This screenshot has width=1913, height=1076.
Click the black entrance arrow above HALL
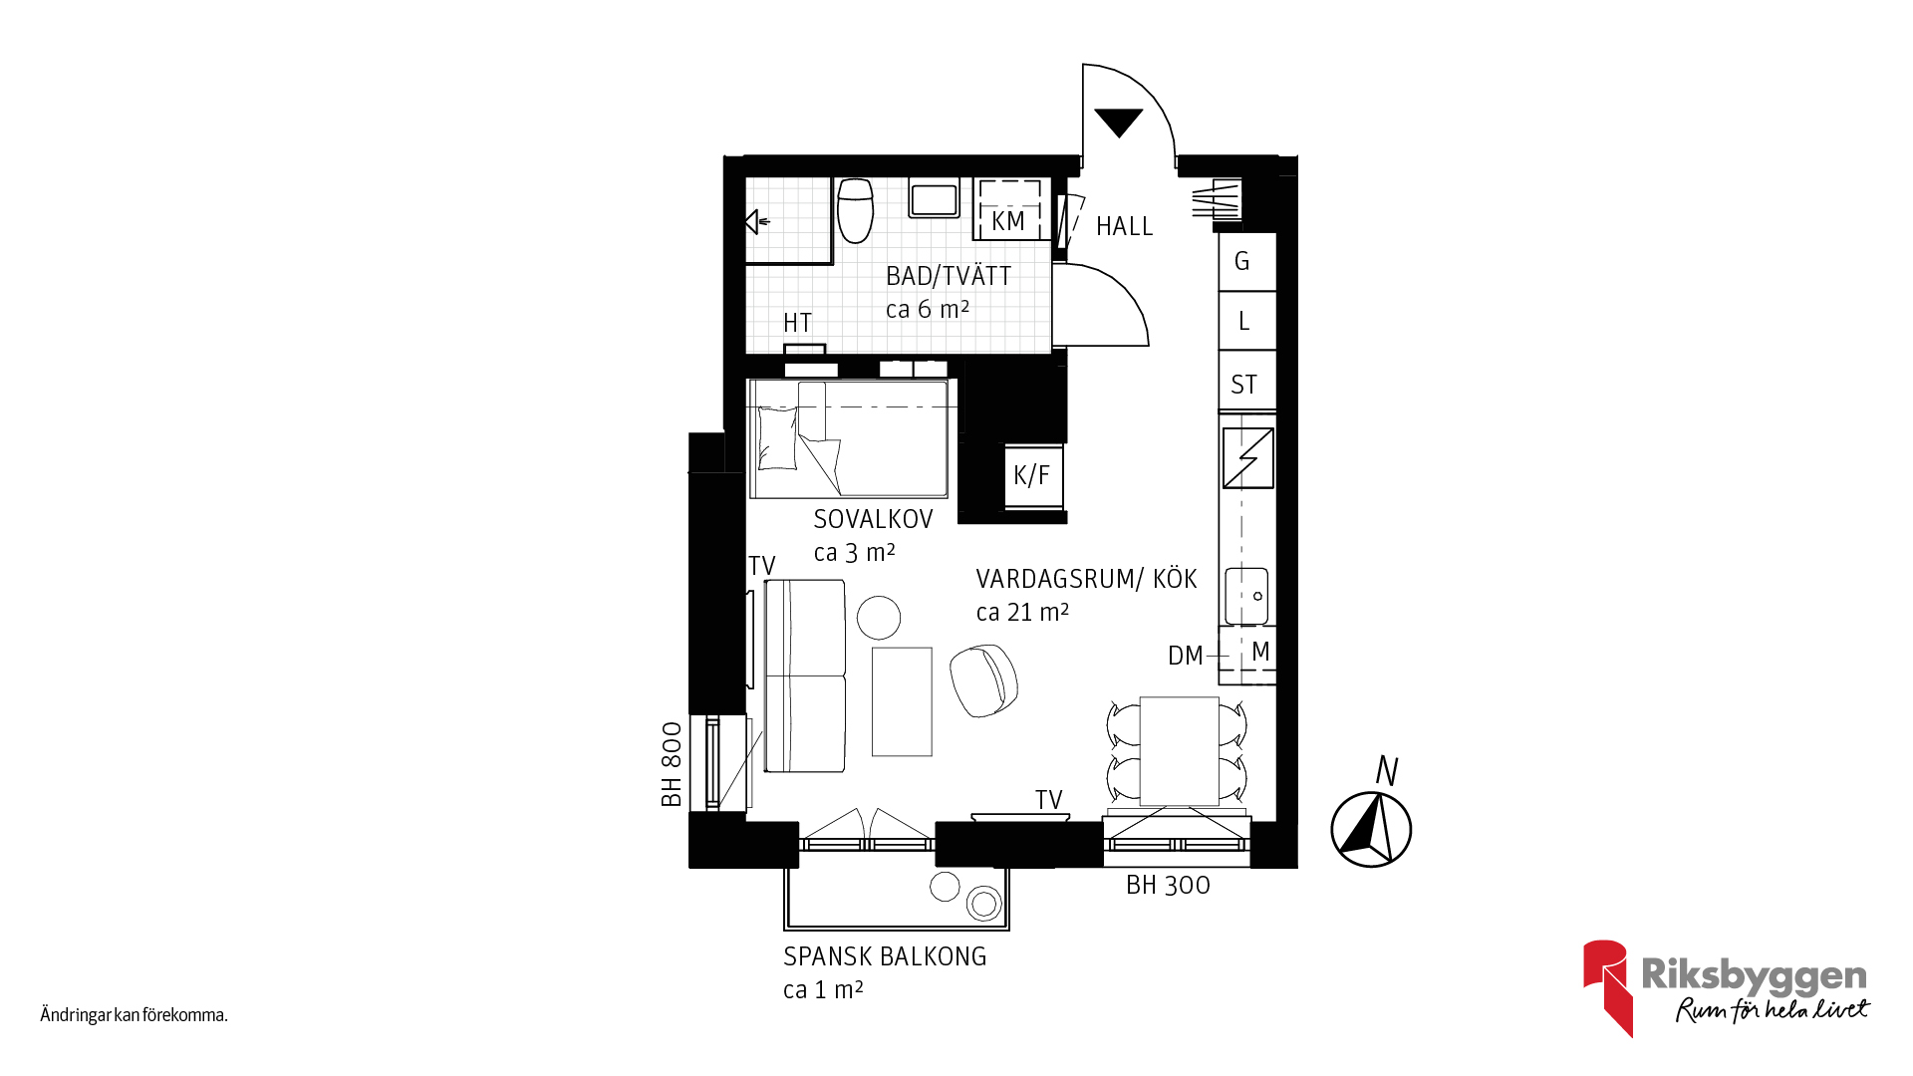tap(1118, 122)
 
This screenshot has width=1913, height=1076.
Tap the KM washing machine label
tap(1008, 221)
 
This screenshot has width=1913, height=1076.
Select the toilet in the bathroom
tap(855, 210)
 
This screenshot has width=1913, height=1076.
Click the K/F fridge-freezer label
tap(1031, 475)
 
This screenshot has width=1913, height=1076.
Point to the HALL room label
tap(1124, 226)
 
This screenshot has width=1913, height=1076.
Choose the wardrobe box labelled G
tap(1247, 261)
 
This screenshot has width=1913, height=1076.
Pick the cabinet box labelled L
tap(1247, 321)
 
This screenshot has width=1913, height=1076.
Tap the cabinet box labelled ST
tap(1247, 381)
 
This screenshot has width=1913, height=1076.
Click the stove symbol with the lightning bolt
tap(1248, 458)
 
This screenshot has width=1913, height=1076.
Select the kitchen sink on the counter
tap(1246, 596)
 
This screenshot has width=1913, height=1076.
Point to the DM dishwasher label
tap(1186, 656)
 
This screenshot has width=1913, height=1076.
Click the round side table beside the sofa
tap(879, 618)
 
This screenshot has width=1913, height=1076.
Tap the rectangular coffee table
tap(902, 702)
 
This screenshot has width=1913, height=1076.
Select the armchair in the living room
tap(983, 679)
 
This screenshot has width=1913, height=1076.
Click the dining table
tap(1180, 751)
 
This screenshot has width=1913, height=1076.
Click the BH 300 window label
tap(1168, 885)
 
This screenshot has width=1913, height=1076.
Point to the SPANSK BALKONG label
tap(885, 956)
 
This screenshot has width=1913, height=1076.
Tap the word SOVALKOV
tap(873, 519)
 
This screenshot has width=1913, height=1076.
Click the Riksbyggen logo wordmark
tap(1754, 975)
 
